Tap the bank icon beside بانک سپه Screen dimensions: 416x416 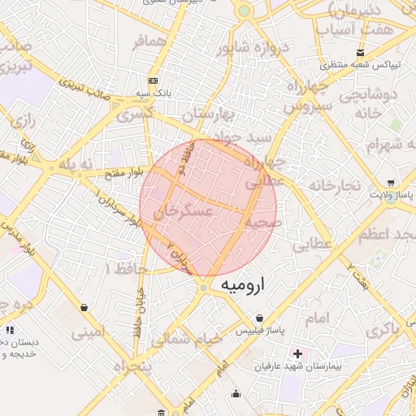(x=153, y=80)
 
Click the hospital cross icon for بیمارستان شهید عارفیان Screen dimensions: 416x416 (x=298, y=354)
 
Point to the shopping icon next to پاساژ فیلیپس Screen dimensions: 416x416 (x=259, y=317)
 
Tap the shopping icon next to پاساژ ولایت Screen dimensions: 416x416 (x=391, y=183)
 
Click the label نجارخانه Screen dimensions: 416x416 (x=334, y=187)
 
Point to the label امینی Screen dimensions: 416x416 (x=89, y=331)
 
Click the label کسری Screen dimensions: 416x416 (x=134, y=115)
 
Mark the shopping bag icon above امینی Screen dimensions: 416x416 (x=84, y=307)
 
